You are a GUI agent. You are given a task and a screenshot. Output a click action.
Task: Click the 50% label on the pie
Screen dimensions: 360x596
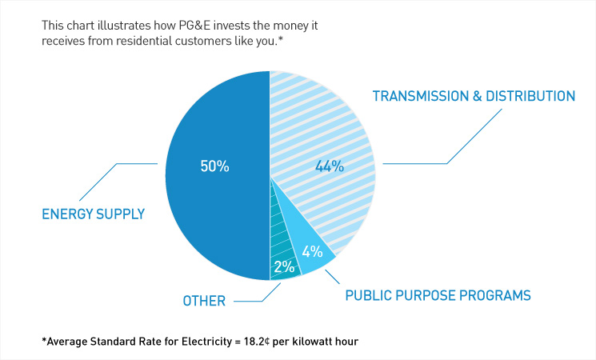click(x=214, y=167)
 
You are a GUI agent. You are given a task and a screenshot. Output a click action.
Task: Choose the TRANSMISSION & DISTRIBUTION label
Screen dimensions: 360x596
click(x=474, y=96)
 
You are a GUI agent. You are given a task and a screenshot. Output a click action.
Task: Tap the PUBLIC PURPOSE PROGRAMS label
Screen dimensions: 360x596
click(x=438, y=295)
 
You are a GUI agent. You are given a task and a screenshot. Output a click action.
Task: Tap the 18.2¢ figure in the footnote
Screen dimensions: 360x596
click(x=260, y=342)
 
